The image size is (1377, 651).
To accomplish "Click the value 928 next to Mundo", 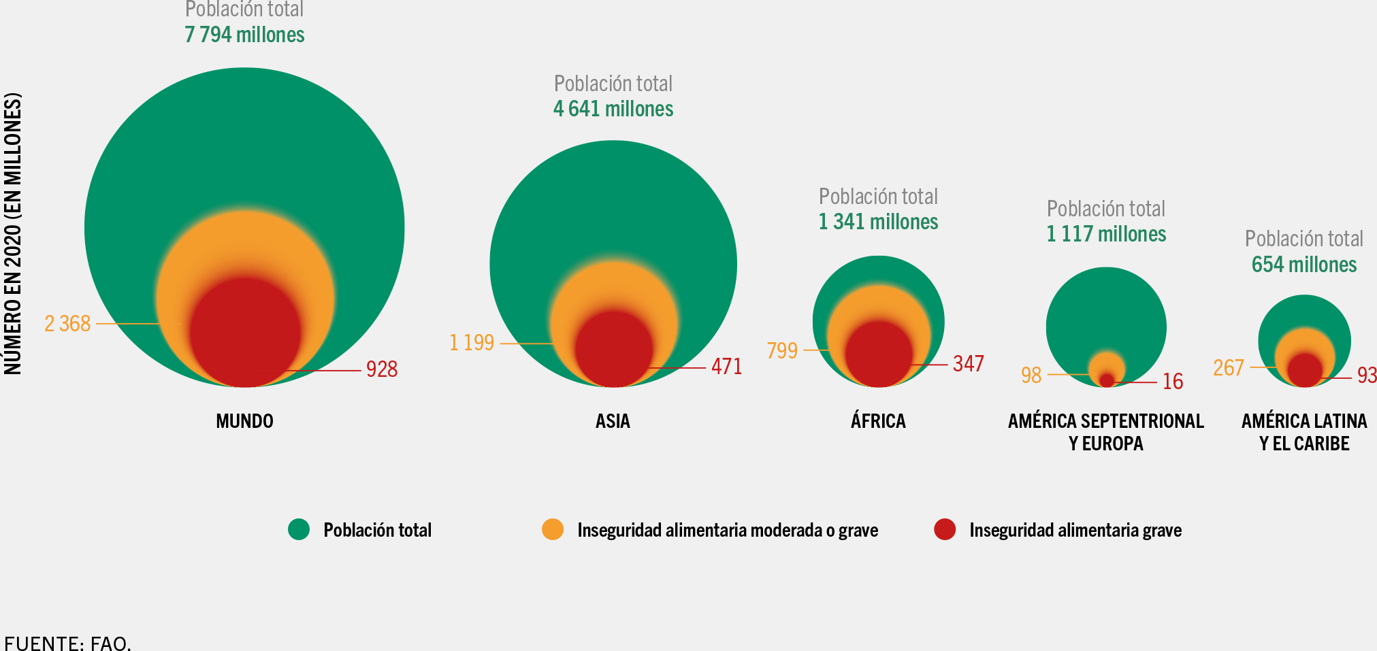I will (381, 369).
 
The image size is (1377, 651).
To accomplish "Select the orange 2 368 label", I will (67, 324).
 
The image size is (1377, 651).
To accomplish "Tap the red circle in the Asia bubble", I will (614, 349).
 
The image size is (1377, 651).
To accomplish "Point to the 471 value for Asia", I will (726, 367).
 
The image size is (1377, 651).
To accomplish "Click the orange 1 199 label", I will (472, 342).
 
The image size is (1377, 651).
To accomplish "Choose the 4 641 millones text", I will (613, 109).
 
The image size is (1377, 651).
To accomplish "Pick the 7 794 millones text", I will (244, 35).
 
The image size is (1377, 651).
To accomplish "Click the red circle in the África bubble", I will (879, 354).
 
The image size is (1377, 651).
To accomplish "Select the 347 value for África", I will (968, 364).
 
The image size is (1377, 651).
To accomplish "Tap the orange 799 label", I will (782, 350).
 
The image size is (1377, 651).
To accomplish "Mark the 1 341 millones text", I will (878, 222).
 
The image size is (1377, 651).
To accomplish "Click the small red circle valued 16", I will (1107, 380).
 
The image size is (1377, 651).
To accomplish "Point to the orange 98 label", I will (1031, 375).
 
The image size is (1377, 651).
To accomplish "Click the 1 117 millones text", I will (1106, 234).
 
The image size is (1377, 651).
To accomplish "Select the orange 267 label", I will (1229, 368).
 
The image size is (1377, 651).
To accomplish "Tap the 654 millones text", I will (1304, 265).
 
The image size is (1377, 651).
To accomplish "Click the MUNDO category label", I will (244, 421).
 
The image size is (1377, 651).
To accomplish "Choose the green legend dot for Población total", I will (299, 529).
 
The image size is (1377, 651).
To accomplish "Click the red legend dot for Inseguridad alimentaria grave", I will (945, 529).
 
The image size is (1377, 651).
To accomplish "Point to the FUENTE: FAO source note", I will (67, 643).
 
